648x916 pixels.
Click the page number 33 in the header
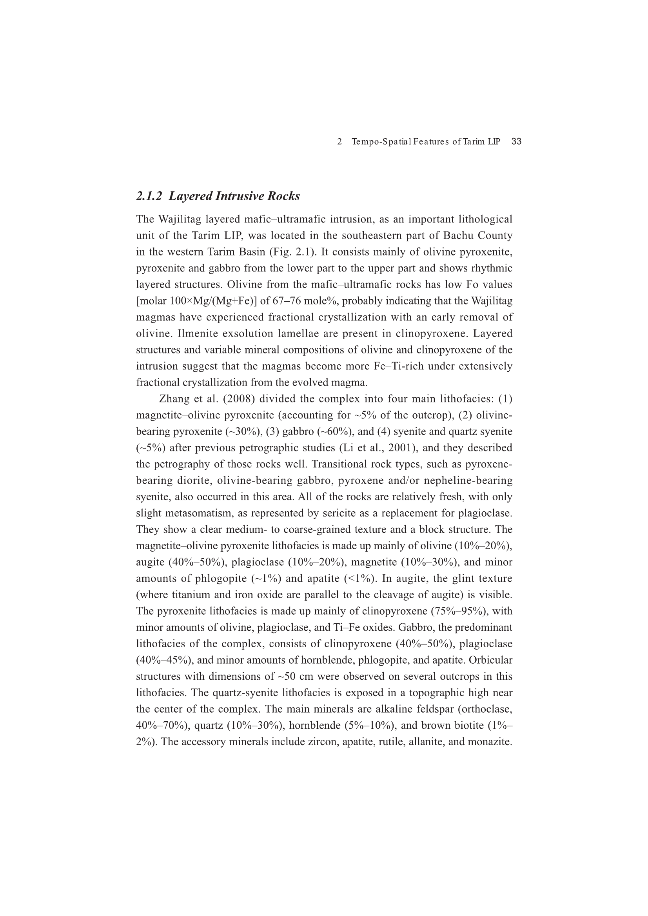tap(516, 141)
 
